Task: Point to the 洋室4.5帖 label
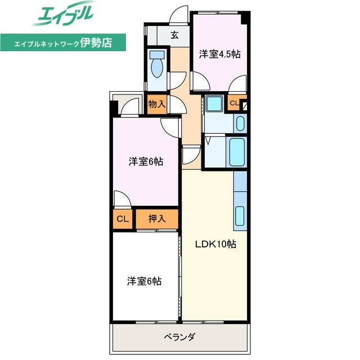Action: [x=220, y=55]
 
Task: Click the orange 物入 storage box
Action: [x=157, y=103]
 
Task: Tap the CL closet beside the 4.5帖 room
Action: [x=234, y=103]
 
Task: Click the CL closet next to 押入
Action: [x=122, y=219]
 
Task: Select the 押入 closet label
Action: [x=156, y=219]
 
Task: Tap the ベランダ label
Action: [x=179, y=337]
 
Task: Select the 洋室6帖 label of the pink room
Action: [x=146, y=162]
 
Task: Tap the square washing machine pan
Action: [x=214, y=103]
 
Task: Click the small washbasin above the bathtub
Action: [x=240, y=123]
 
